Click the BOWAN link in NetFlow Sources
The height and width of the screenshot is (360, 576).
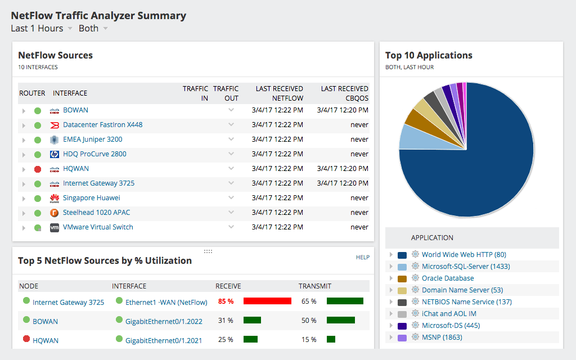(x=75, y=110)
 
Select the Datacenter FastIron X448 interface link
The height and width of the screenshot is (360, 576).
(x=102, y=125)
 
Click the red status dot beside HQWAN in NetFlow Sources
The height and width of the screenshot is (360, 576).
(x=38, y=169)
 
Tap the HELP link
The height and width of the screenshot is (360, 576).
(x=362, y=257)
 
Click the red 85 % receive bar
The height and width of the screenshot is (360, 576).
(x=267, y=301)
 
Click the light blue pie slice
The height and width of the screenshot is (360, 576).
(x=409, y=137)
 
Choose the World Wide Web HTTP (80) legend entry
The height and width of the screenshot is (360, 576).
(x=463, y=255)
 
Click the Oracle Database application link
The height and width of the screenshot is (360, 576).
(x=447, y=278)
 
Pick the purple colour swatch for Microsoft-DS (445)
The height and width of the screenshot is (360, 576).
(x=402, y=326)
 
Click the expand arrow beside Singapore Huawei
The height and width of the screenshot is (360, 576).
(x=24, y=199)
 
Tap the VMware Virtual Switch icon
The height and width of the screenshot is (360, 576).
(x=55, y=228)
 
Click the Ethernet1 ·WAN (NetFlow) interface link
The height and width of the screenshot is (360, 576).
(x=166, y=302)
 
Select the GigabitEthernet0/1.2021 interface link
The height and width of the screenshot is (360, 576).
(x=164, y=340)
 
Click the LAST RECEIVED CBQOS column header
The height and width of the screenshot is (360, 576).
(x=344, y=93)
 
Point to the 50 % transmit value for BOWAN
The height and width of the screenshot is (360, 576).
(x=309, y=321)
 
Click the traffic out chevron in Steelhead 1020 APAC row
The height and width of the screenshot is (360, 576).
(x=231, y=212)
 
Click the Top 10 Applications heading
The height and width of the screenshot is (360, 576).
(x=429, y=56)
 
